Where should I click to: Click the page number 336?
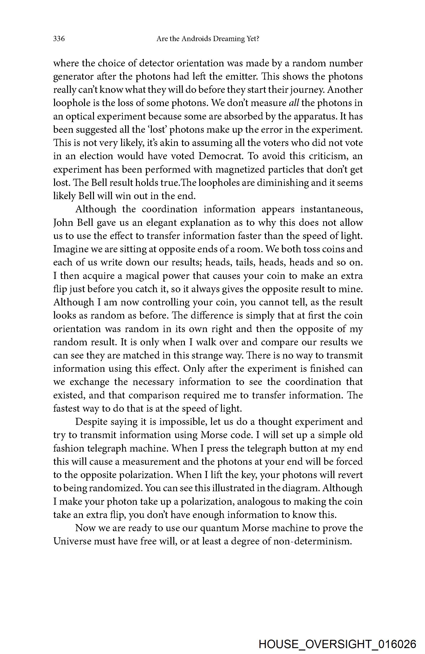pyautogui.click(x=59, y=39)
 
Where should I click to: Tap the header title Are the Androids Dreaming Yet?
pyautogui.click(x=208, y=39)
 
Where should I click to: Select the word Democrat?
pyautogui.click(x=221, y=156)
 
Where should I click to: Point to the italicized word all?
pyautogui.click(x=294, y=103)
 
